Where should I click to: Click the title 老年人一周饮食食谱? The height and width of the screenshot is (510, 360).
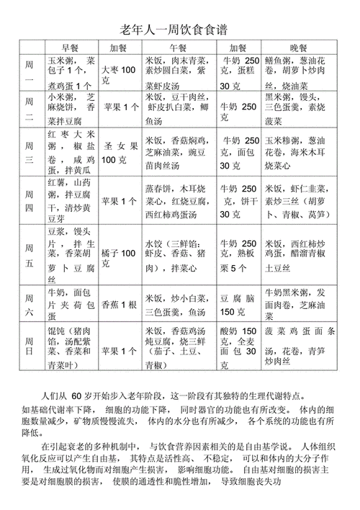pos(179,29)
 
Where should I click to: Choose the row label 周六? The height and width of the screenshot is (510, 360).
pos(30,303)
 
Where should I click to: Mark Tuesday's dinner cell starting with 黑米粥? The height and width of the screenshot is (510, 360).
pos(302,107)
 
